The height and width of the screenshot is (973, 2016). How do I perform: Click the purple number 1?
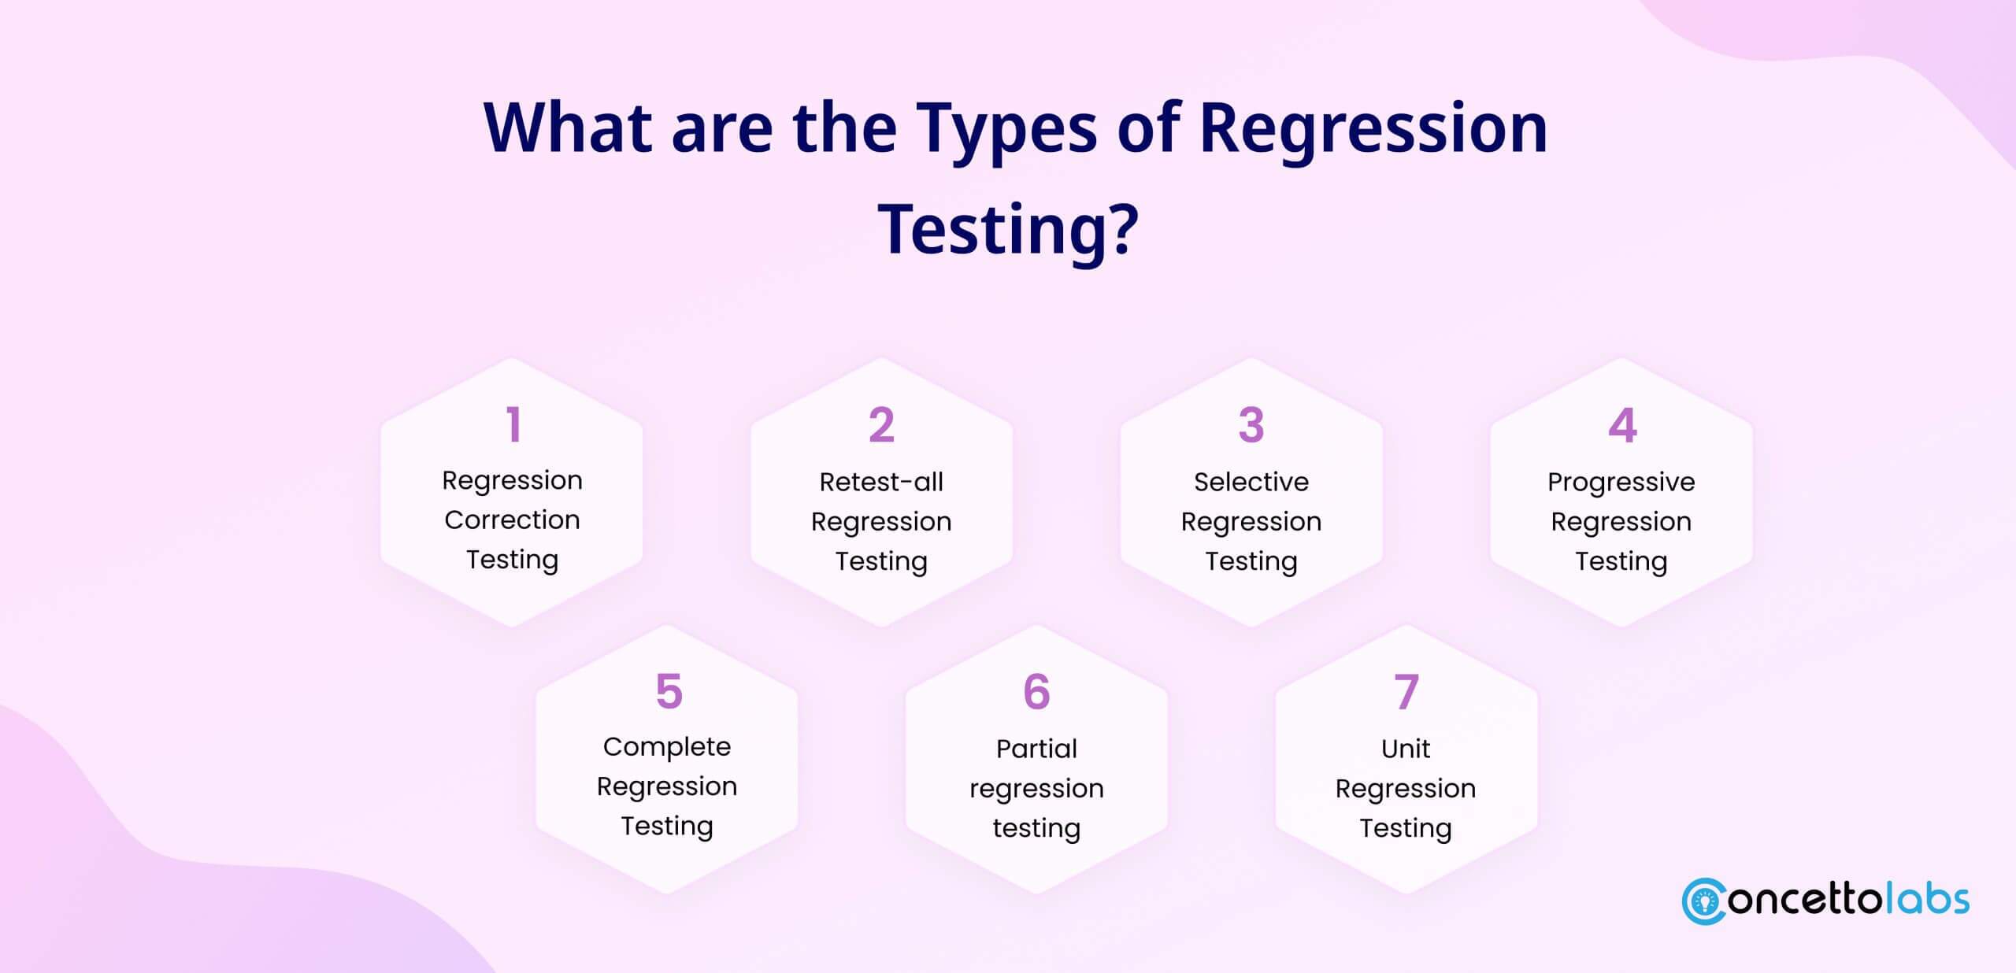pyautogui.click(x=513, y=425)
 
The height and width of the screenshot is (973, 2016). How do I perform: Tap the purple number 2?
pyautogui.click(x=881, y=425)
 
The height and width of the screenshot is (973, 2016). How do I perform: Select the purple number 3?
pyautogui.click(x=1251, y=425)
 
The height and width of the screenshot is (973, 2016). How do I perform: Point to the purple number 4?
pyautogui.click(x=1622, y=425)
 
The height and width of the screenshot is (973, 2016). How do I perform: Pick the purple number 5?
pyautogui.click(x=669, y=691)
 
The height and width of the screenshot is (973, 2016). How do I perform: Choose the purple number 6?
pyautogui.click(x=1036, y=691)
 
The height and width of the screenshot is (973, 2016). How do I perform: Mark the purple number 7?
pyautogui.click(x=1406, y=691)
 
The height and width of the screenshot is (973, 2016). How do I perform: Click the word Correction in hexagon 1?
pyautogui.click(x=512, y=520)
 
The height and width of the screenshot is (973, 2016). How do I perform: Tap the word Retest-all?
pyautogui.click(x=881, y=481)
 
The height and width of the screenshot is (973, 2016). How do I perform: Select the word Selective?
pyautogui.click(x=1251, y=481)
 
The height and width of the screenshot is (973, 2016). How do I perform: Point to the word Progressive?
pyautogui.click(x=1621, y=482)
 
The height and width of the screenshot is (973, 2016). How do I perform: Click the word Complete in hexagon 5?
pyautogui.click(x=667, y=746)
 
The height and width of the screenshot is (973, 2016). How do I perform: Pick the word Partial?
pyautogui.click(x=1036, y=748)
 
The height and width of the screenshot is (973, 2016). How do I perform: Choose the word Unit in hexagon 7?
pyautogui.click(x=1406, y=748)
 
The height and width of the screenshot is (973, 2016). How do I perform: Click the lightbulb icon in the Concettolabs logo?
pyautogui.click(x=1706, y=902)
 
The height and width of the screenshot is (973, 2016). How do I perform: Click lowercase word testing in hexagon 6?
pyautogui.click(x=1036, y=828)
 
